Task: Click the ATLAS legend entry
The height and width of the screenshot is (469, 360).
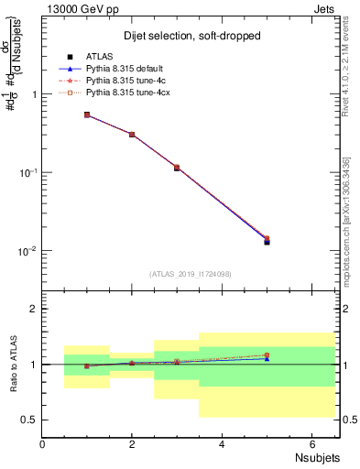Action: [x=100, y=56]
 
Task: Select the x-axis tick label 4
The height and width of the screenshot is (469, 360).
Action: [x=223, y=444]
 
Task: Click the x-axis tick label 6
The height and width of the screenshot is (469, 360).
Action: [x=312, y=444]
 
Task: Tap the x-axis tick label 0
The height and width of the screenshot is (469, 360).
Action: [x=42, y=444]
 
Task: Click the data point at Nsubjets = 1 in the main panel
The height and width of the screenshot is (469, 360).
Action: [x=87, y=115]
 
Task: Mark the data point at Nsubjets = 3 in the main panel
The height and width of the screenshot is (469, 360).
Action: [x=177, y=169]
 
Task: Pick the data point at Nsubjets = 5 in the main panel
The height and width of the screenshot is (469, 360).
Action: [x=267, y=241]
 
